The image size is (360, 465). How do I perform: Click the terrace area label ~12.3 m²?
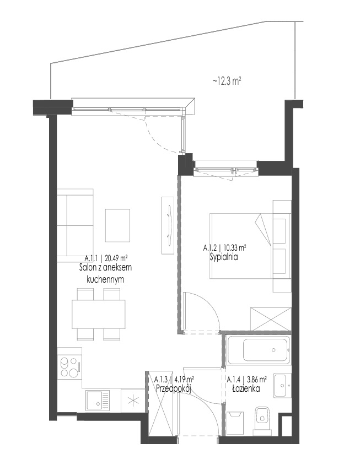coord(227,80)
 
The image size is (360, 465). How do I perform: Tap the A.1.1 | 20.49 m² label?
coord(106,257)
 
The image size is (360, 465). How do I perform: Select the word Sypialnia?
coord(224,257)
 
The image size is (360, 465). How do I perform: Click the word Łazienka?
coord(246,388)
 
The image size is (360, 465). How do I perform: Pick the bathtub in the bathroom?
coord(257,350)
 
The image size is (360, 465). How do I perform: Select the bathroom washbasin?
coord(282,386)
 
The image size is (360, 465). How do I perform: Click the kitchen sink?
coord(98,401)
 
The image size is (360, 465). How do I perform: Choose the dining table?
coord(99,315)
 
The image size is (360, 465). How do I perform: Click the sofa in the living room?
coord(75,225)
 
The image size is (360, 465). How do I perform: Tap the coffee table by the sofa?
coord(117,225)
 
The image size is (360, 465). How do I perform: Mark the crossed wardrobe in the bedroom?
coord(271,319)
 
